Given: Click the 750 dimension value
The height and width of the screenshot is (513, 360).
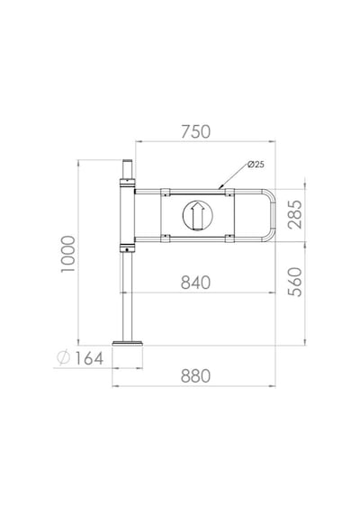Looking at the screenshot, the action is pyautogui.click(x=195, y=131).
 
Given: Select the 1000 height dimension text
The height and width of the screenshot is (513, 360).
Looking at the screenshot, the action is pyautogui.click(x=68, y=254).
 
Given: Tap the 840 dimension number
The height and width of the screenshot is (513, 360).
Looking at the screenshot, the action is pyautogui.click(x=195, y=283).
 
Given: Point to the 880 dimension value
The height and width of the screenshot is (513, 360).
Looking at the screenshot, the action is pyautogui.click(x=195, y=376).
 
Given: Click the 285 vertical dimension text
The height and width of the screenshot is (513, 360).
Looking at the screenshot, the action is pyautogui.click(x=295, y=214).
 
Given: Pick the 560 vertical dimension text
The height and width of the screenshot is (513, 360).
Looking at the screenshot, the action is pyautogui.click(x=295, y=282).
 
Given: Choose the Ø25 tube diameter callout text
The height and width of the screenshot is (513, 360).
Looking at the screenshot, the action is pyautogui.click(x=256, y=165).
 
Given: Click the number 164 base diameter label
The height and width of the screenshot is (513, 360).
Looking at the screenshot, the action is pyautogui.click(x=89, y=358).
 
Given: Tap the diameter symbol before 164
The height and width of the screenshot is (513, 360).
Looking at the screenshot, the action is pyautogui.click(x=64, y=357).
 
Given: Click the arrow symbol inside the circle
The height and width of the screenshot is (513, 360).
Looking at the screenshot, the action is pyautogui.click(x=197, y=215).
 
